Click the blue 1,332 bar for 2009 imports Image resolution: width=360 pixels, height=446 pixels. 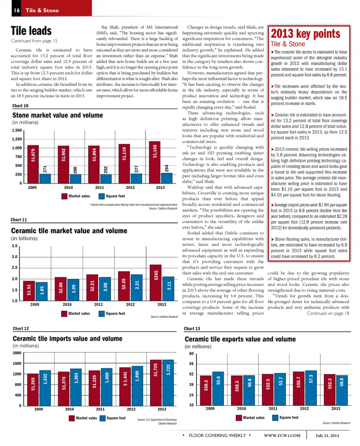45,388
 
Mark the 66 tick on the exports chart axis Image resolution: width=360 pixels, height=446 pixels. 191,364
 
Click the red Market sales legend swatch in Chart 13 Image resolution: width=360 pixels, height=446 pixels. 238,417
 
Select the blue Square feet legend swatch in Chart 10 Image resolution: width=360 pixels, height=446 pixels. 101,196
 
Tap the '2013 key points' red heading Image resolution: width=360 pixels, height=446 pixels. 306,34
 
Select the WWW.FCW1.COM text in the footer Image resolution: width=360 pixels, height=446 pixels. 282,435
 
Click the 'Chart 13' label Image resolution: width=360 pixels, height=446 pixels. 192,329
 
